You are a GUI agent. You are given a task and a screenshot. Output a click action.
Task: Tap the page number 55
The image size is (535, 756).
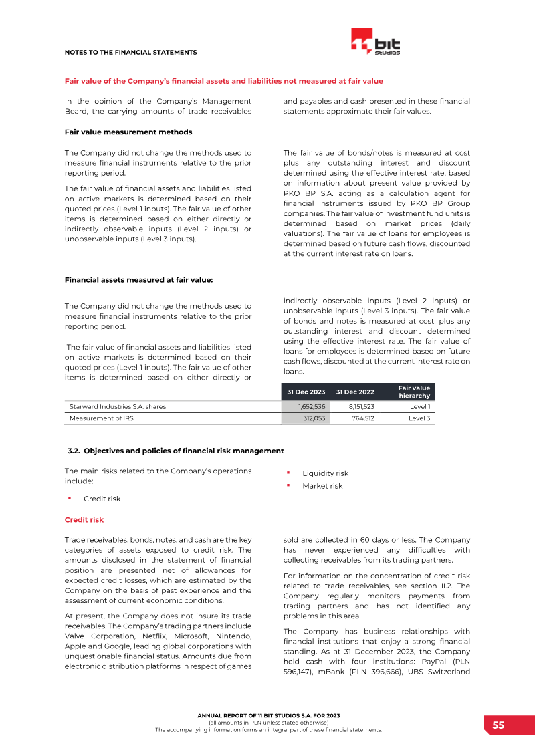[498, 725]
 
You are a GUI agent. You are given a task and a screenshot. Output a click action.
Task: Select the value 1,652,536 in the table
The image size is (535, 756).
[312, 406]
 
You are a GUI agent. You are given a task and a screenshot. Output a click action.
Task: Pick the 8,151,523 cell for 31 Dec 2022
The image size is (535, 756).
[360, 406]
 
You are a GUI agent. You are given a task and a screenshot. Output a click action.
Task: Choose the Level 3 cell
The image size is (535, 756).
[419, 418]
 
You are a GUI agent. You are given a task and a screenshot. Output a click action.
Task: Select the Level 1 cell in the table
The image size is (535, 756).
[419, 406]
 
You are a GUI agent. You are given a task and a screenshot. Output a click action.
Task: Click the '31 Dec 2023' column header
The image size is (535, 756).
[306, 392]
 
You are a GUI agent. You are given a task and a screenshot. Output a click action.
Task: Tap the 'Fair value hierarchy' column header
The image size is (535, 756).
[414, 392]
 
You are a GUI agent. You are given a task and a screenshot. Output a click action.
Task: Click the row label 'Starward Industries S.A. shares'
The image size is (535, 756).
[118, 406]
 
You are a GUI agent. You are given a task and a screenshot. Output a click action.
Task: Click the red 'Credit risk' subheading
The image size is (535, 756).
[84, 519]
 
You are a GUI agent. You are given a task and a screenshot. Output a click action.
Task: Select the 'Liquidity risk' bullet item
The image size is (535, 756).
[325, 473]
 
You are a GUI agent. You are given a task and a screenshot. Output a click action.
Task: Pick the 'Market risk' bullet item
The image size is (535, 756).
[322, 486]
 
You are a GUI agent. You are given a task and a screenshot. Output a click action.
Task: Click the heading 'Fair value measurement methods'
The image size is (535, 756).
[128, 132]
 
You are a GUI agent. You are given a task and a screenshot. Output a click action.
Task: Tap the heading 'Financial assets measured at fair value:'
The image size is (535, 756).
[138, 279]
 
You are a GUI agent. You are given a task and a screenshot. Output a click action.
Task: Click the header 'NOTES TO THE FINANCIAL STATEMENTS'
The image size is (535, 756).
[130, 52]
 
